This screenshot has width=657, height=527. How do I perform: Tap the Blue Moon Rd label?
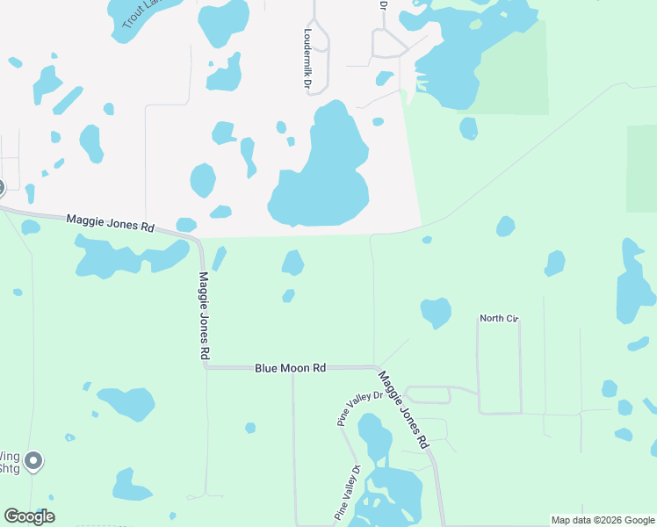point(291,368)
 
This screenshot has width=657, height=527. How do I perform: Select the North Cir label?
point(499,318)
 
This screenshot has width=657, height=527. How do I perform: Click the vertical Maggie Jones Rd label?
point(204,314)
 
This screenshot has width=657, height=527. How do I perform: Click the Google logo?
point(29,516)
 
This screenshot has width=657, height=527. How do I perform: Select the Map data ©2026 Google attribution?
point(603,520)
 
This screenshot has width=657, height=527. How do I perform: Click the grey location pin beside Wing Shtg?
point(33,460)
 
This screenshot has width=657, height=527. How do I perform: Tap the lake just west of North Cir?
point(436,312)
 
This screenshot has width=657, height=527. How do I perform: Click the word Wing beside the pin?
point(9,456)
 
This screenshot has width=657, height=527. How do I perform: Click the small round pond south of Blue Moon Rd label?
point(250,428)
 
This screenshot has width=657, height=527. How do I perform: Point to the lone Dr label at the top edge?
point(383,5)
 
